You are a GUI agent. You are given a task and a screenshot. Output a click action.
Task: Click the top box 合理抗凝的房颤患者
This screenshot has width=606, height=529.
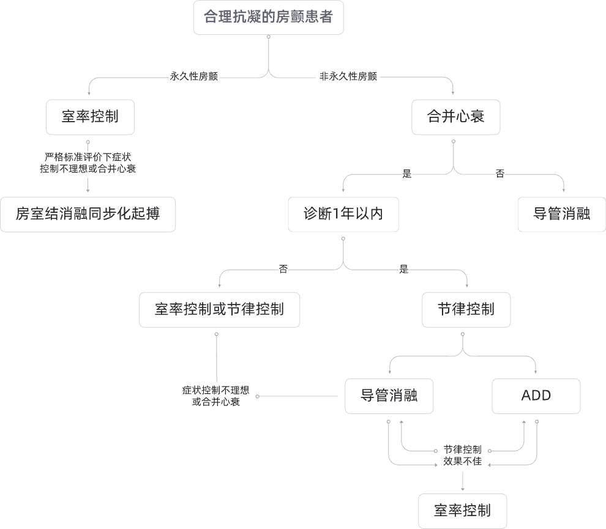tap(268, 17)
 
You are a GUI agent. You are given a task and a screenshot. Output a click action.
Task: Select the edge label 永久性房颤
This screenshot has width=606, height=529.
tap(193, 77)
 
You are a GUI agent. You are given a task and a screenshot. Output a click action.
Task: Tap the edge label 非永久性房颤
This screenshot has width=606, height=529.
tap(348, 77)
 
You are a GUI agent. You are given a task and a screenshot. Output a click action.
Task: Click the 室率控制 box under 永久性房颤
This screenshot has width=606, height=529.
tap(90, 117)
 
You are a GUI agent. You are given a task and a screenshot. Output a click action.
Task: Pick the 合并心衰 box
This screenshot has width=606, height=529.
tap(456, 116)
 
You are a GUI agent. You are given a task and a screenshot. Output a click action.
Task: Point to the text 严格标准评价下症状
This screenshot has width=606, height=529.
tap(88, 157)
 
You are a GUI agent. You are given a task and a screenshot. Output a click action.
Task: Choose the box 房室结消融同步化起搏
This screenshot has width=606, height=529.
tap(88, 214)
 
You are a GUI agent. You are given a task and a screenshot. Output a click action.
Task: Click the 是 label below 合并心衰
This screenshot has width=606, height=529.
tap(407, 174)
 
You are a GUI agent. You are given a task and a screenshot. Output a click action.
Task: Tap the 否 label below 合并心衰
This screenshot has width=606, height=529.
tap(500, 174)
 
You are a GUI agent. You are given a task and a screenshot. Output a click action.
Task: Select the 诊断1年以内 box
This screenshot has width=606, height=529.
tap(343, 214)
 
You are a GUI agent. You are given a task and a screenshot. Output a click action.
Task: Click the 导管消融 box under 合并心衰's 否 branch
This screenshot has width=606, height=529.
tap(561, 214)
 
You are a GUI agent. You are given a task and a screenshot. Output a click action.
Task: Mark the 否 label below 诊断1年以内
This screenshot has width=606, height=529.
tap(283, 269)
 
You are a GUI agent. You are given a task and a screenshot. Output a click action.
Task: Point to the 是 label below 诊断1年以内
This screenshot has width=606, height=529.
tap(403, 269)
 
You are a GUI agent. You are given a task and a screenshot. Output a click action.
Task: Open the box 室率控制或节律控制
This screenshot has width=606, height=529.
tap(219, 309)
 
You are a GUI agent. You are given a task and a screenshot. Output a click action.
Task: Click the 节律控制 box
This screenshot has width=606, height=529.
tap(466, 309)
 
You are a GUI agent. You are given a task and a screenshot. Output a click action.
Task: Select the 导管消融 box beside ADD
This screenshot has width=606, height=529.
tap(389, 396)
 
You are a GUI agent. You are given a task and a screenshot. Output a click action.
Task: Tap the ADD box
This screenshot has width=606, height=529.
tap(536, 396)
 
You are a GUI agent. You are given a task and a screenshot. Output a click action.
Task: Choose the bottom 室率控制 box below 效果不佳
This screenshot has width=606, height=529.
tap(462, 511)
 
